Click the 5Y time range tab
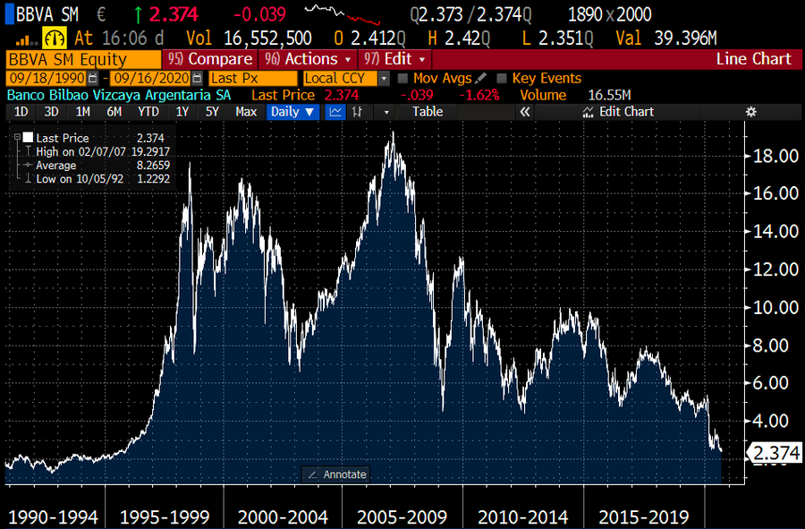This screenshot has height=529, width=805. tap(212, 112)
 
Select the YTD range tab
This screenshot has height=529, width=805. tap(148, 112)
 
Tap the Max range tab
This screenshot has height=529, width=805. tap(246, 112)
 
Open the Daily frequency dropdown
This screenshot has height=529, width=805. tap(293, 112)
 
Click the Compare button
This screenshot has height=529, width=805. tap(209, 59)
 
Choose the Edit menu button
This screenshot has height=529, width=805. tap(396, 59)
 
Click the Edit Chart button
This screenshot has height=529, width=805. tap(618, 112)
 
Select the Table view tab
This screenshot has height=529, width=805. tap(427, 112)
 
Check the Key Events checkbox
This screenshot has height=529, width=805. tap(502, 79)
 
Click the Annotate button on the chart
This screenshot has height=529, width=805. tap(337, 474)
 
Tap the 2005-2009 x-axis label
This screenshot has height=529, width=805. tap(402, 517)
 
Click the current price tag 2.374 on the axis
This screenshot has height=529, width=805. tap(775, 453)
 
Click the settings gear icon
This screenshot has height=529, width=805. tap(751, 112)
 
